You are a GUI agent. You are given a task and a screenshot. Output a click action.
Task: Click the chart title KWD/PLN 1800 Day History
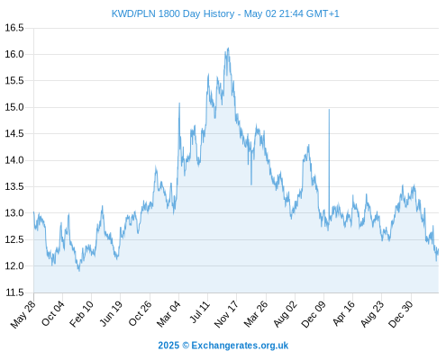coord(173,13)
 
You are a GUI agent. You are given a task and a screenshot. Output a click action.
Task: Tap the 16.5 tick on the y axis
coord(14,28)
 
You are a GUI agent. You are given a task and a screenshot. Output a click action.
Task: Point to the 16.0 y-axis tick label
coord(14,54)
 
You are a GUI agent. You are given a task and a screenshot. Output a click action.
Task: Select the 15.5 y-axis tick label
coord(14,81)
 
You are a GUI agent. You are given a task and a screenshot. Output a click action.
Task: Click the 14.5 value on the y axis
coord(14,134)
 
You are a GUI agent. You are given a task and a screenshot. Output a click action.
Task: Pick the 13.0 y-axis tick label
coord(14,213)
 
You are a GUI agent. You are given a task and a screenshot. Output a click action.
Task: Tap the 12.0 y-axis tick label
coord(14,266)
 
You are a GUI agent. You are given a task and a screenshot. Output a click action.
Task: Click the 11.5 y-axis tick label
coord(14,292)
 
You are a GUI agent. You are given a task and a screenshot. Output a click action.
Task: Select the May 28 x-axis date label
coord(23,314)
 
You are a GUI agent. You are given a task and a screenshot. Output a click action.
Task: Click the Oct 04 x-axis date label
coord(53,314)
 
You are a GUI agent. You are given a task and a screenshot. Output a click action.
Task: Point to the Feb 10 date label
coord(81,314)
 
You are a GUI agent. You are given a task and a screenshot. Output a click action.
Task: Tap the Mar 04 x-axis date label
coord(168,314)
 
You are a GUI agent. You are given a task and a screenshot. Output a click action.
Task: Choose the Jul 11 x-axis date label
coord(200,312)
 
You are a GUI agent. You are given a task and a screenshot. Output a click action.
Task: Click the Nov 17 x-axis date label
coord(226,314)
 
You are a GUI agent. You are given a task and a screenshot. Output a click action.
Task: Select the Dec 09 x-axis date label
coord(314,314)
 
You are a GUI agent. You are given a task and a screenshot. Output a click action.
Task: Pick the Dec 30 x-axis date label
coord(401,314)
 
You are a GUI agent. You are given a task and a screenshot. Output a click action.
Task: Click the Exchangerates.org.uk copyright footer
coord(223,346)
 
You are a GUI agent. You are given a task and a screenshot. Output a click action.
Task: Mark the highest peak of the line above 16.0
coord(229,48)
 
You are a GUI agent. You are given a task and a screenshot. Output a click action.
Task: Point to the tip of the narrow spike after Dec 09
coord(329,110)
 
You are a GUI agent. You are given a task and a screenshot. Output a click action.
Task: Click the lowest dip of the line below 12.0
coord(79,271)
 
